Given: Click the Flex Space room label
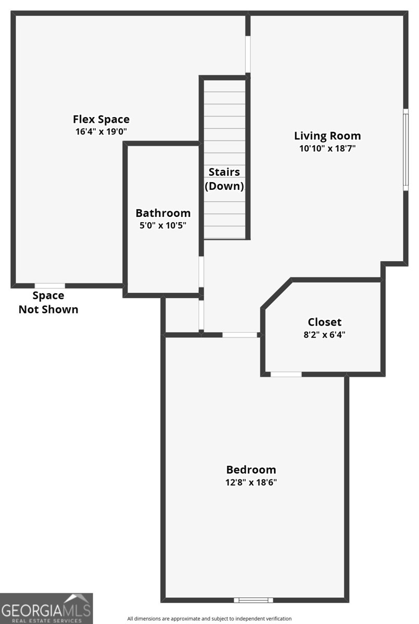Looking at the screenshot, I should pyautogui.click(x=101, y=119).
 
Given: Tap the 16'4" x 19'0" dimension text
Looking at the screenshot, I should pyautogui.click(x=101, y=132).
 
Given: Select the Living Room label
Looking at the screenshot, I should pyautogui.click(x=327, y=136).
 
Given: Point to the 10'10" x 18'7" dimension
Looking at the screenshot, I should pyautogui.click(x=327, y=148).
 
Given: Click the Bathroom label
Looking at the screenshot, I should pyautogui.click(x=163, y=213).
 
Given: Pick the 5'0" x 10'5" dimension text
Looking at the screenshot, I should pyautogui.click(x=163, y=225).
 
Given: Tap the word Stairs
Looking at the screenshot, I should pyautogui.click(x=224, y=172).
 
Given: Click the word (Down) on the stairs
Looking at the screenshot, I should pyautogui.click(x=224, y=186).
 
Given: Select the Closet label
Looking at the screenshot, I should pyautogui.click(x=324, y=322).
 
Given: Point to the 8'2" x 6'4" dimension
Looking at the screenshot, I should pyautogui.click(x=324, y=335).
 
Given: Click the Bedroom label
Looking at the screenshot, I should pyautogui.click(x=251, y=470).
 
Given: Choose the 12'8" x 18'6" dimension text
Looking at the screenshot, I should pyautogui.click(x=251, y=482).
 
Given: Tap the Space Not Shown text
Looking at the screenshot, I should pyautogui.click(x=48, y=303).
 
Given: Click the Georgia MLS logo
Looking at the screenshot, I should pyautogui.click(x=46, y=608).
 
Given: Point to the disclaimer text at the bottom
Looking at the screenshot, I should pyautogui.click(x=209, y=619).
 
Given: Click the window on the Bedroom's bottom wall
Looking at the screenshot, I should pyautogui.click(x=253, y=600).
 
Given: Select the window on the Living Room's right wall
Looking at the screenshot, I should pyautogui.click(x=405, y=149).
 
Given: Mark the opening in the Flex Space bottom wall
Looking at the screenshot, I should pyautogui.click(x=50, y=285).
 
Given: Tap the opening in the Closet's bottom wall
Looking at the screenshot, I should pyautogui.click(x=286, y=374).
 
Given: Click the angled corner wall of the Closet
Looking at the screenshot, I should pyautogui.click(x=276, y=294).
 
